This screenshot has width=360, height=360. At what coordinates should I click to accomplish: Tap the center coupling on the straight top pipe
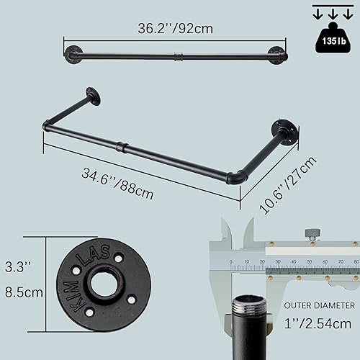pyautogui.click(x=177, y=55)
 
